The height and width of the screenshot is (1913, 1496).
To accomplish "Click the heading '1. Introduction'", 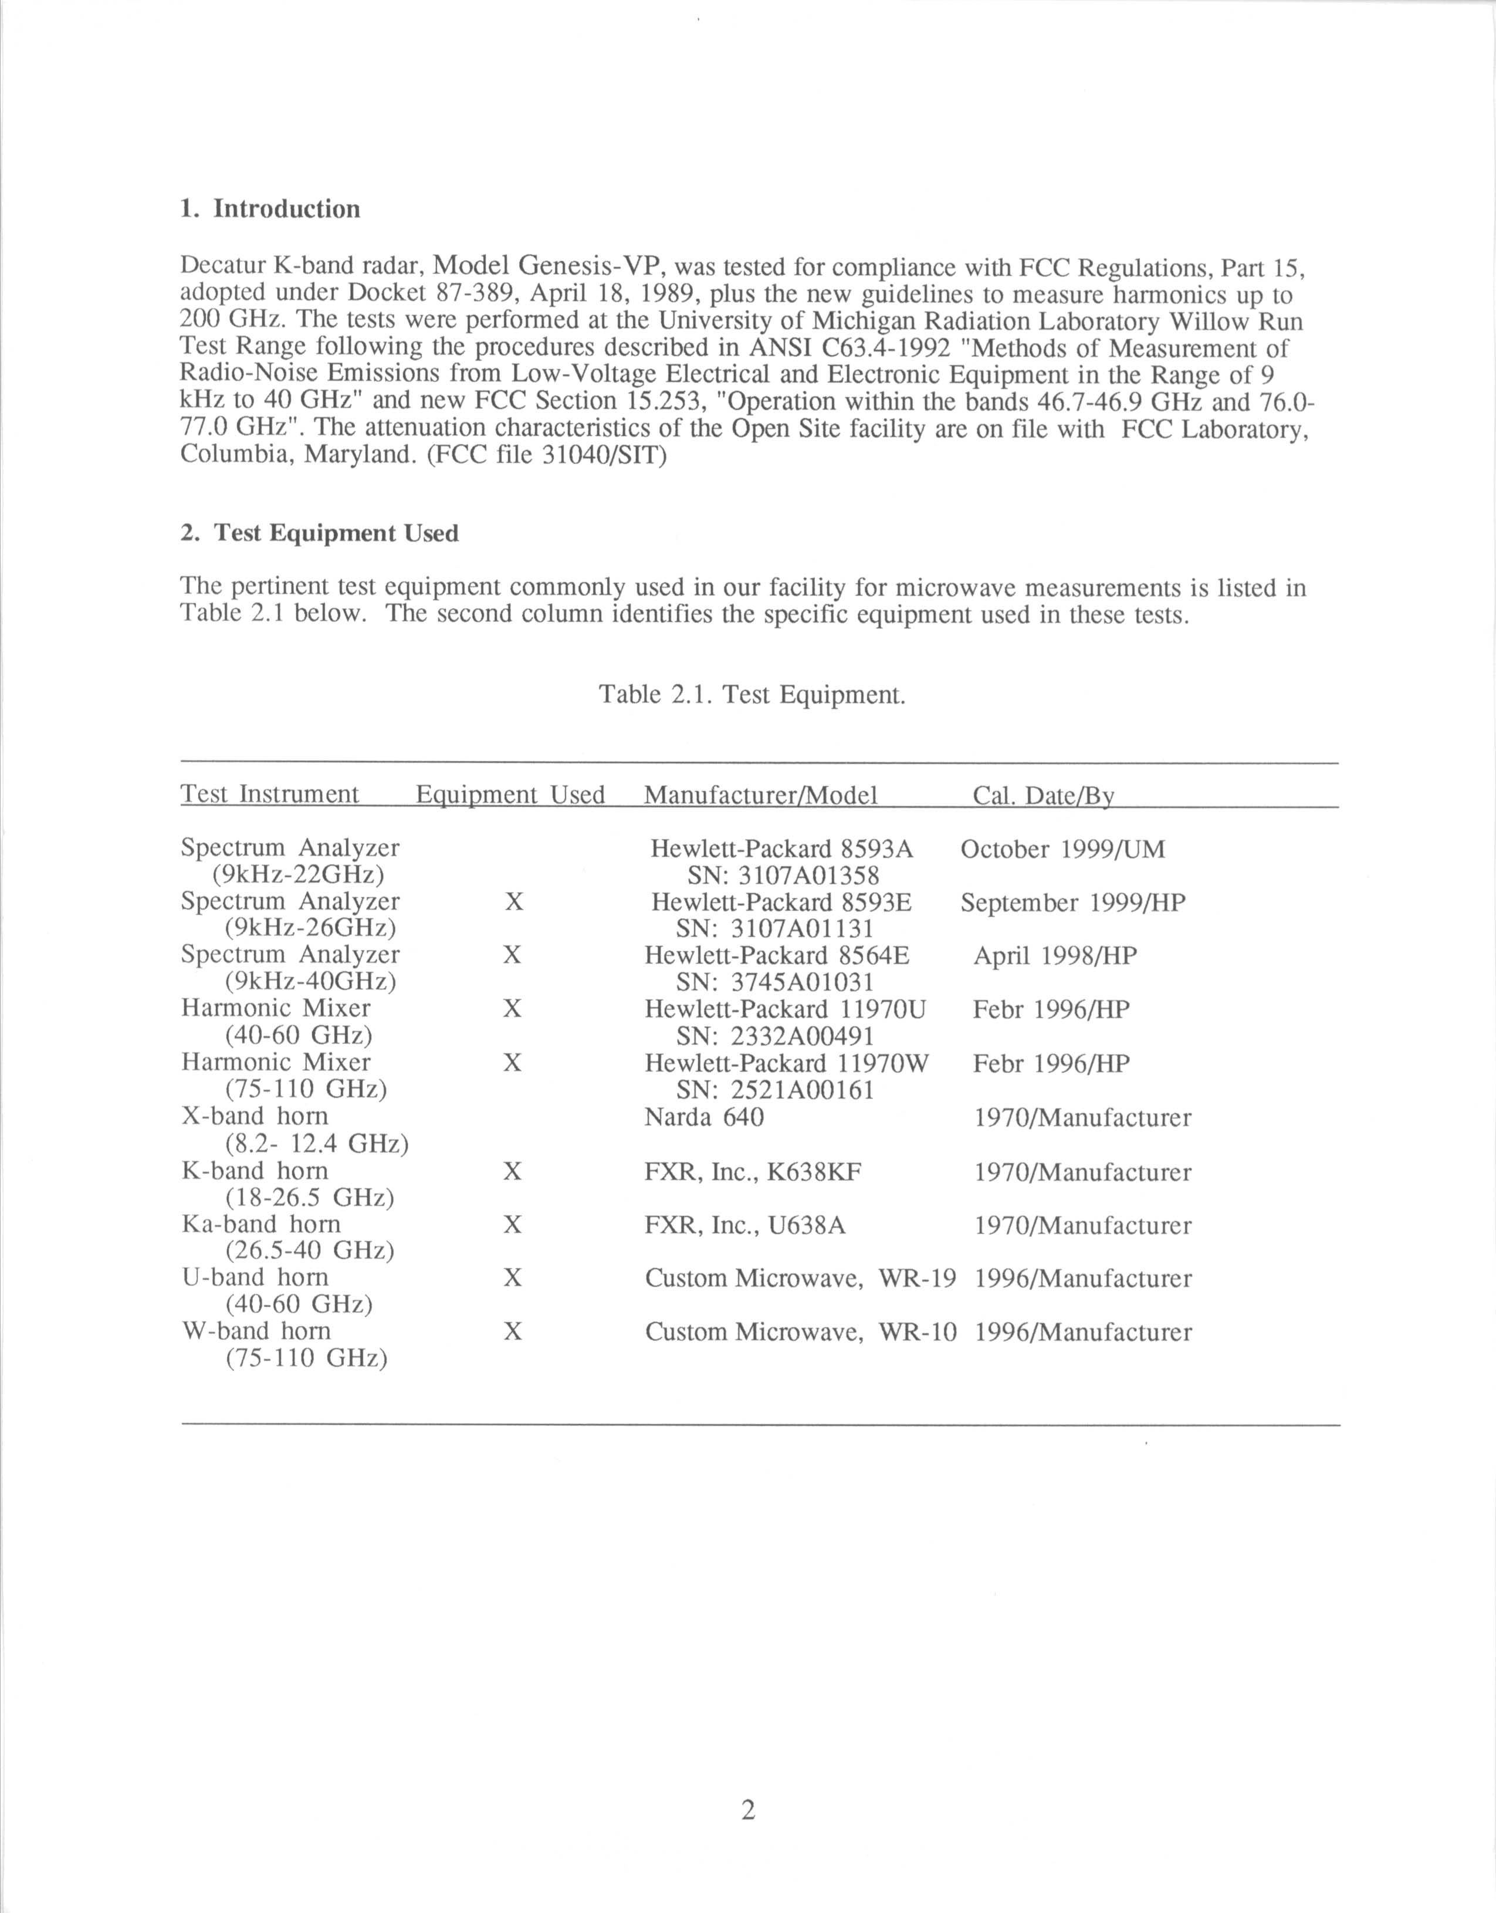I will click(x=270, y=209).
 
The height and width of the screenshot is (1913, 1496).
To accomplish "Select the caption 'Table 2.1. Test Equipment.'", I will click(x=752, y=695).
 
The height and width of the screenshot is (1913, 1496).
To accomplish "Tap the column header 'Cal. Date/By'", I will click(x=1043, y=795).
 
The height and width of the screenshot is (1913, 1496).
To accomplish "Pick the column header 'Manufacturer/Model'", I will click(x=760, y=795).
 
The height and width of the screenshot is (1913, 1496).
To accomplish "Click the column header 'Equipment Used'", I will click(x=510, y=795).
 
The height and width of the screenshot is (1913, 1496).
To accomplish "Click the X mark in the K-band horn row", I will click(x=513, y=1171).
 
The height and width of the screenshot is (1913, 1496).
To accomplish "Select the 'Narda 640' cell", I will click(x=704, y=1118).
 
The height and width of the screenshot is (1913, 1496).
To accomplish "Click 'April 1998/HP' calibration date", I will click(x=1055, y=956).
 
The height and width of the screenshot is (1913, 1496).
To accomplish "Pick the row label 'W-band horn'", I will click(x=256, y=1331).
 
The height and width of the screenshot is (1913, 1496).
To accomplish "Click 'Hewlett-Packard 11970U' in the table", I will click(x=785, y=1010).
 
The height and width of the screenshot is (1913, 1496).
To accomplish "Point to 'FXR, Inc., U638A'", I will click(x=746, y=1225).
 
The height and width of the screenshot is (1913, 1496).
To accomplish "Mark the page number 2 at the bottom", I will click(x=748, y=1810).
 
